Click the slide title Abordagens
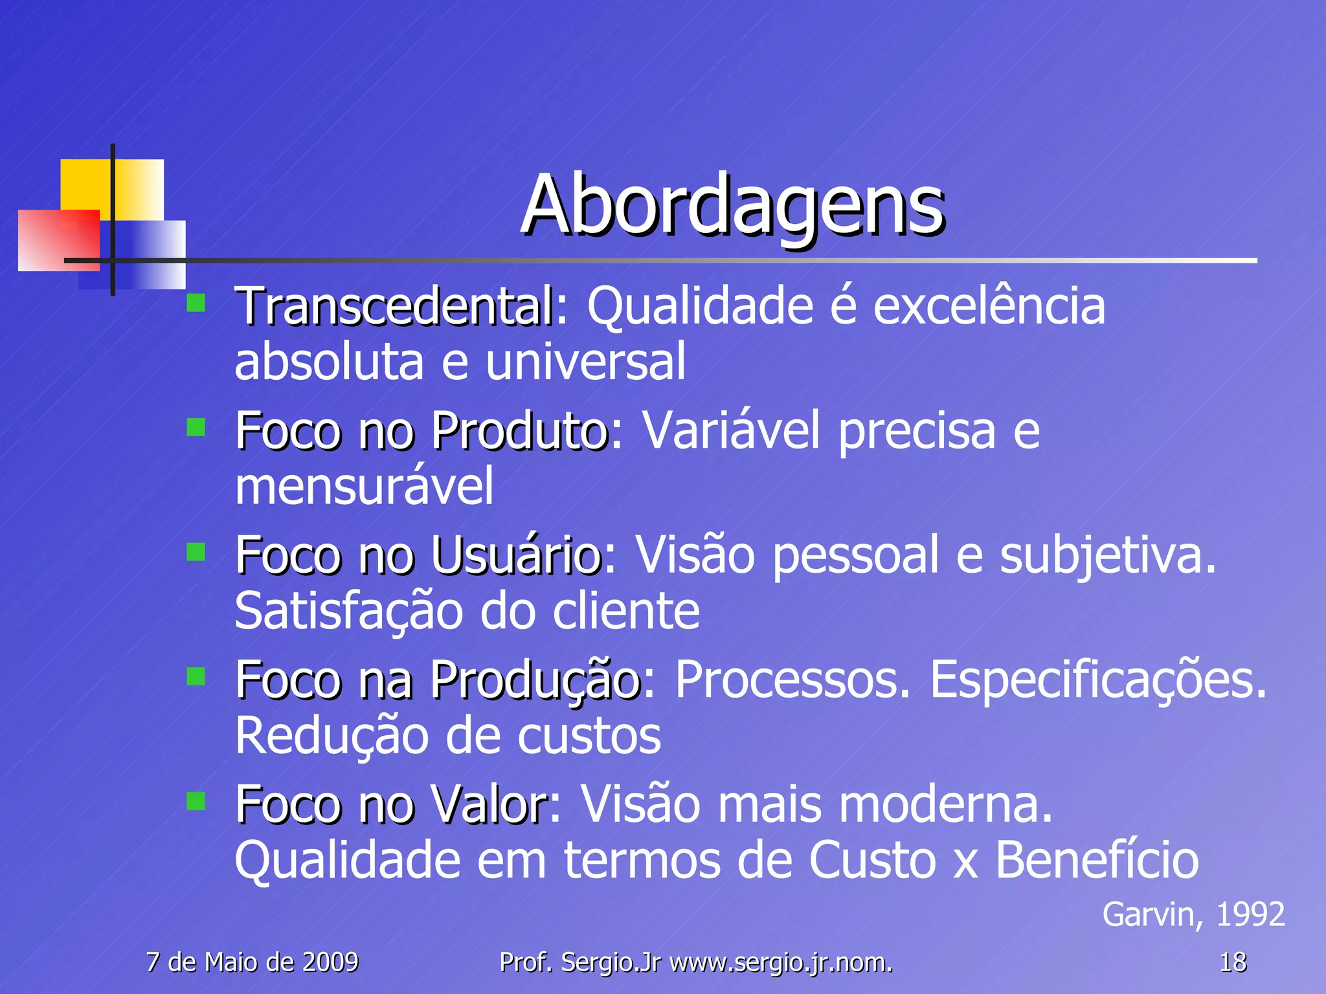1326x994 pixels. tap(732, 206)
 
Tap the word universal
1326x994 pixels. tap(585, 362)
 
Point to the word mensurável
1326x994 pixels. tap(364, 487)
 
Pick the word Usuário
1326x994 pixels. tap(516, 556)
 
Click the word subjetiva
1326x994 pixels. tap(1108, 556)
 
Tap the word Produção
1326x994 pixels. tap(535, 681)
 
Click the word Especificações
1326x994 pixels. tap(1098, 681)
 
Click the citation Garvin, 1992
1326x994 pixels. tap(1193, 915)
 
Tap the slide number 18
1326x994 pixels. tap(1233, 963)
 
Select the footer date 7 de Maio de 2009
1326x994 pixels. tap(253, 963)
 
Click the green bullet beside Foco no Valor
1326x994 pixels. tap(196, 801)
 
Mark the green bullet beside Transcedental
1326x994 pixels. tap(196, 303)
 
